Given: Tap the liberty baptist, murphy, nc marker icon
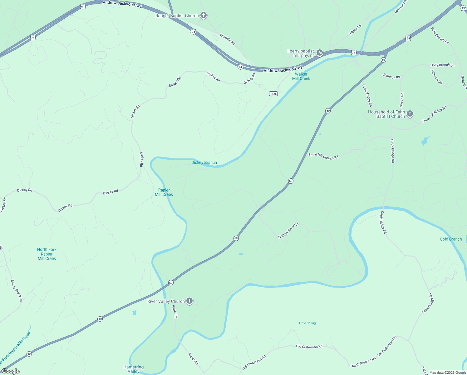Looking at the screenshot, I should [x=319, y=53].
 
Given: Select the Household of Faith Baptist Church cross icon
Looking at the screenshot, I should [x=410, y=114].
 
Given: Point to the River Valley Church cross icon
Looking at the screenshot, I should [x=189, y=301].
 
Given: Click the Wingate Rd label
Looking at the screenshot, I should [x=227, y=39].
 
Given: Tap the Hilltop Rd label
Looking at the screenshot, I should [x=355, y=30].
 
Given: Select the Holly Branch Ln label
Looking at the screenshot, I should [x=442, y=65].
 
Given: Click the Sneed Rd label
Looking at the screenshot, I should [x=402, y=100].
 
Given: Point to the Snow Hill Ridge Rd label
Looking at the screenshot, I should [x=434, y=114].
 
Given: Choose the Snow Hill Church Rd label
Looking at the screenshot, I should [x=323, y=156].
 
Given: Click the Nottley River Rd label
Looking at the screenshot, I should [x=288, y=231].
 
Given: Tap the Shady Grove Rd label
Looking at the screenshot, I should [x=17, y=291].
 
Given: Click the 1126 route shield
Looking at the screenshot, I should [x=273, y=94].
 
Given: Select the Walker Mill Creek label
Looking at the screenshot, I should [x=301, y=76].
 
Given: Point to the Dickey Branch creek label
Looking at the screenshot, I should [x=204, y=162].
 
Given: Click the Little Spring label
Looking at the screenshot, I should [x=307, y=323].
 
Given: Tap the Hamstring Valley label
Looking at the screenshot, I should [x=134, y=369].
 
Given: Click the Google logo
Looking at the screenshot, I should [x=11, y=371].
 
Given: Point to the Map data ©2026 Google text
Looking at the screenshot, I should [x=448, y=372].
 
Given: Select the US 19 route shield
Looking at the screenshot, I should [x=464, y=8].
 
